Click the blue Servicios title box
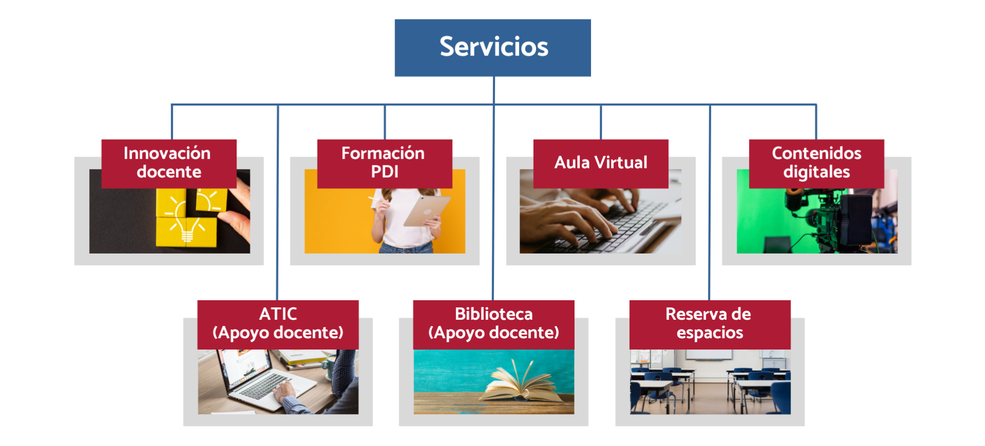tap(493, 48)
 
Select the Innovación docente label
tap(169, 164)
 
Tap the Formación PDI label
tap(385, 164)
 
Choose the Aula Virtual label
tap(601, 164)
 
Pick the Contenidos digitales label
tap(816, 164)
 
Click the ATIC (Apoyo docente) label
tap(278, 325)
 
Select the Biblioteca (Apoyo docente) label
tap(494, 325)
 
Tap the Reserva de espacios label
tap(710, 325)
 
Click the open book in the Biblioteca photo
tap(521, 382)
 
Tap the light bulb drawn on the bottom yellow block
tap(187, 229)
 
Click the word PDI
tap(385, 172)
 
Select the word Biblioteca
tap(494, 314)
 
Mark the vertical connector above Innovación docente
tap(172, 122)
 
